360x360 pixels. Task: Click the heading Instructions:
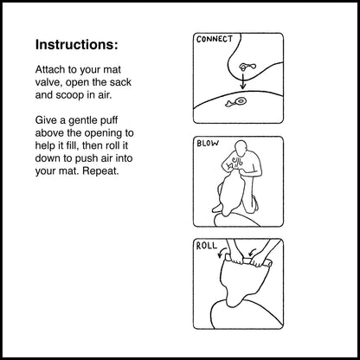76,45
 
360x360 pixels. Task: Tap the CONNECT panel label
215,39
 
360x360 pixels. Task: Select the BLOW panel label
208,143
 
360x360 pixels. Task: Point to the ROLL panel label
206,246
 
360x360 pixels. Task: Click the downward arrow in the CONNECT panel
243,81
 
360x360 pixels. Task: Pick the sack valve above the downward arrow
247,67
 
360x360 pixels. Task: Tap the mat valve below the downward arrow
236,102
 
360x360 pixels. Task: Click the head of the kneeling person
241,148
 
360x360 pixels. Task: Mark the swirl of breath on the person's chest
235,164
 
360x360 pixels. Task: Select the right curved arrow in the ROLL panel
252,253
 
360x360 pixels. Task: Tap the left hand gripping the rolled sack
237,259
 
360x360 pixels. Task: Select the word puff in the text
108,120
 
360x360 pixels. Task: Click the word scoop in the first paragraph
69,95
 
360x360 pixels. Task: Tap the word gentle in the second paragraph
82,120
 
